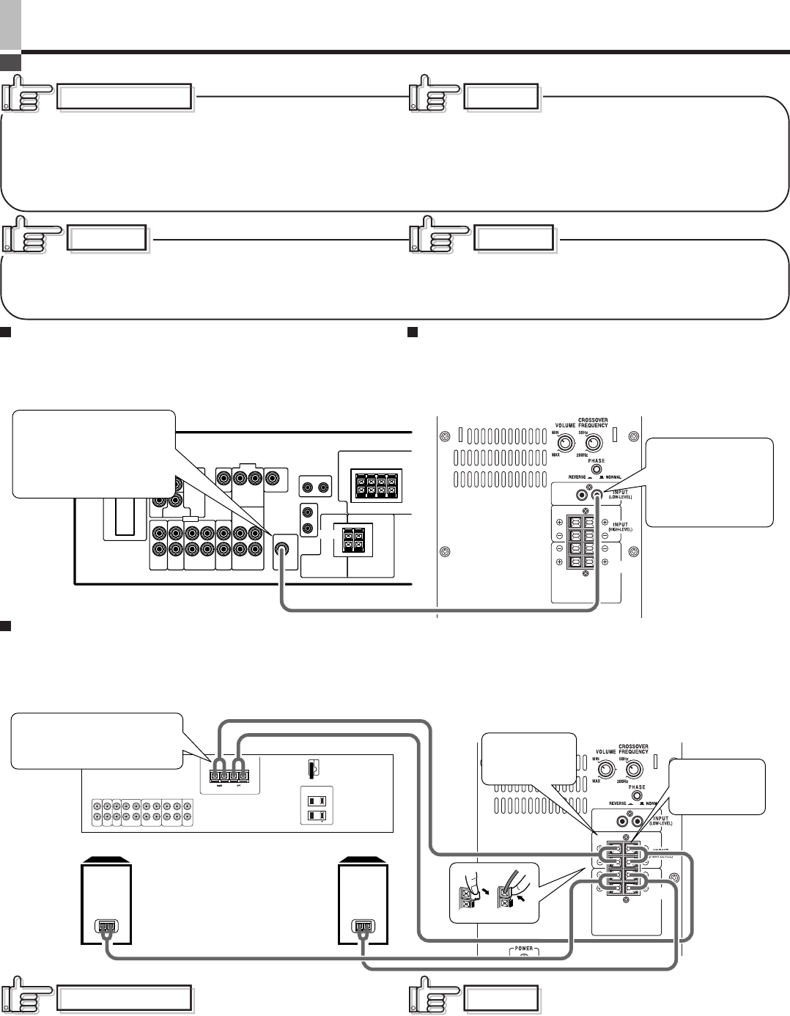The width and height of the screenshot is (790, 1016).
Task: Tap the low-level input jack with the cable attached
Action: point(598,496)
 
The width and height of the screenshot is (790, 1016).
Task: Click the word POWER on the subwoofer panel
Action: point(523,949)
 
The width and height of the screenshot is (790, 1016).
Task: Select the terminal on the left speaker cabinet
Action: point(106,927)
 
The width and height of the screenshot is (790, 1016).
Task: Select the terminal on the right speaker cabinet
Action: point(363,927)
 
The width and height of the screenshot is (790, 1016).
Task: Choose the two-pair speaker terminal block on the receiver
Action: point(353,540)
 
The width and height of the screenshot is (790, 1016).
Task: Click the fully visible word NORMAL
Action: point(613,477)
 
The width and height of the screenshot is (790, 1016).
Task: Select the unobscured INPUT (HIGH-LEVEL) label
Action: point(621,526)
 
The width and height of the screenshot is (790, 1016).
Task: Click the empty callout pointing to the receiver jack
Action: point(94,454)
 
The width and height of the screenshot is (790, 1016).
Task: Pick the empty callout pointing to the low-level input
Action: point(709,482)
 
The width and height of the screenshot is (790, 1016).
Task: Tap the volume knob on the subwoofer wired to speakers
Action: point(605,770)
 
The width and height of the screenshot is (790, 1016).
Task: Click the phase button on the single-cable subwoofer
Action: point(597,469)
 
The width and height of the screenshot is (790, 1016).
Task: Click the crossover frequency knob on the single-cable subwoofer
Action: point(592,443)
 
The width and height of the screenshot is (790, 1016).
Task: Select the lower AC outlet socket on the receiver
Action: point(317,816)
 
